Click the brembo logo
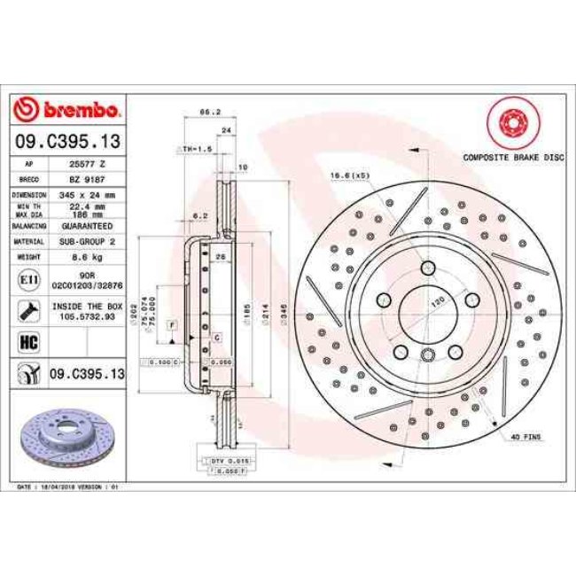[67, 110]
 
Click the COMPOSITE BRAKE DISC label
[513, 157]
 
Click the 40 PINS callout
[525, 438]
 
